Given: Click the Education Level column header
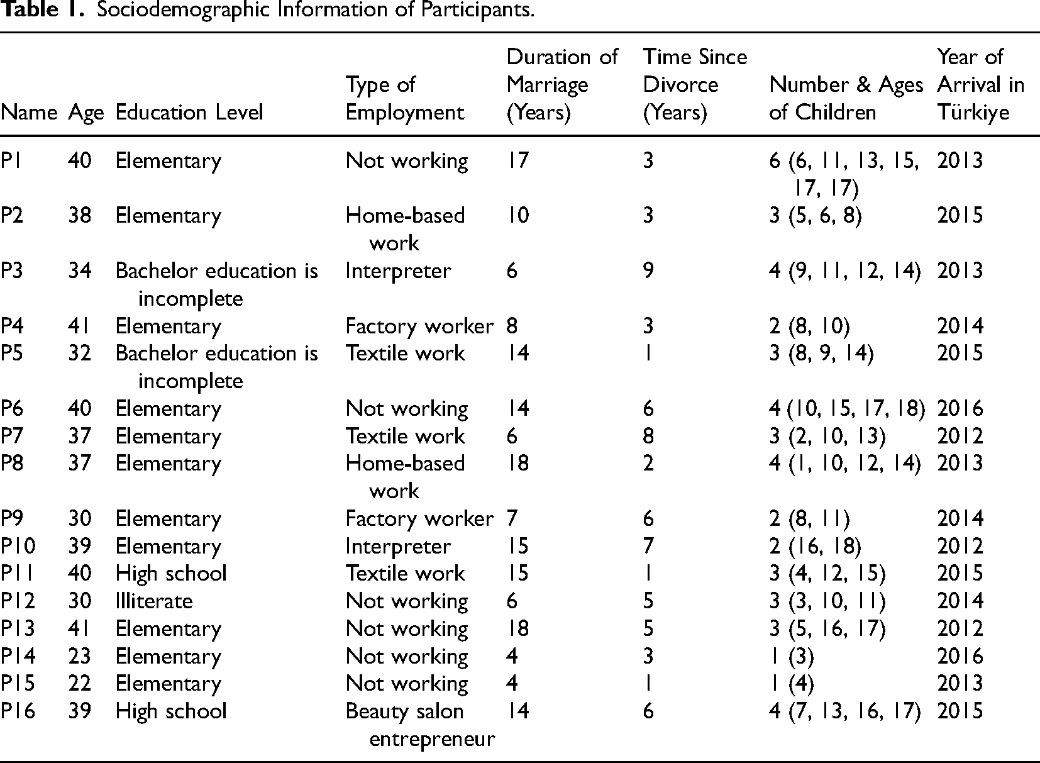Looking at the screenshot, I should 189,113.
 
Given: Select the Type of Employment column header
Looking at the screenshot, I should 404,99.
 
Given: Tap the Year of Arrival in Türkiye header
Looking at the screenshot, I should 980,85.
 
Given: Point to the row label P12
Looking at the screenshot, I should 18,601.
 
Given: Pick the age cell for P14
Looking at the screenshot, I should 80,656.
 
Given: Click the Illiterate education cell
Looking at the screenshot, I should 154,601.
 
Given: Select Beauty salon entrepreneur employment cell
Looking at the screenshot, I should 420,725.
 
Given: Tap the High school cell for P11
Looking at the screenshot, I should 171,573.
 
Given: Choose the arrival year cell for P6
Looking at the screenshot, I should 960,408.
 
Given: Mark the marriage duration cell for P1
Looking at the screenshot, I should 519,161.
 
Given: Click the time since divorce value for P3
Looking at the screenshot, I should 648,270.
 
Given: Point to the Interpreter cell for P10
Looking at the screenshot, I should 398,546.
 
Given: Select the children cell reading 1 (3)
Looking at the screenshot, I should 792,656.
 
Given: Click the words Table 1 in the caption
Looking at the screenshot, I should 43,11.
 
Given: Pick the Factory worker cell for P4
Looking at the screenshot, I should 419,326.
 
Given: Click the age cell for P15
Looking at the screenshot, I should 80,684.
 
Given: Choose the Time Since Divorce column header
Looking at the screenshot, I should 694,85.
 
